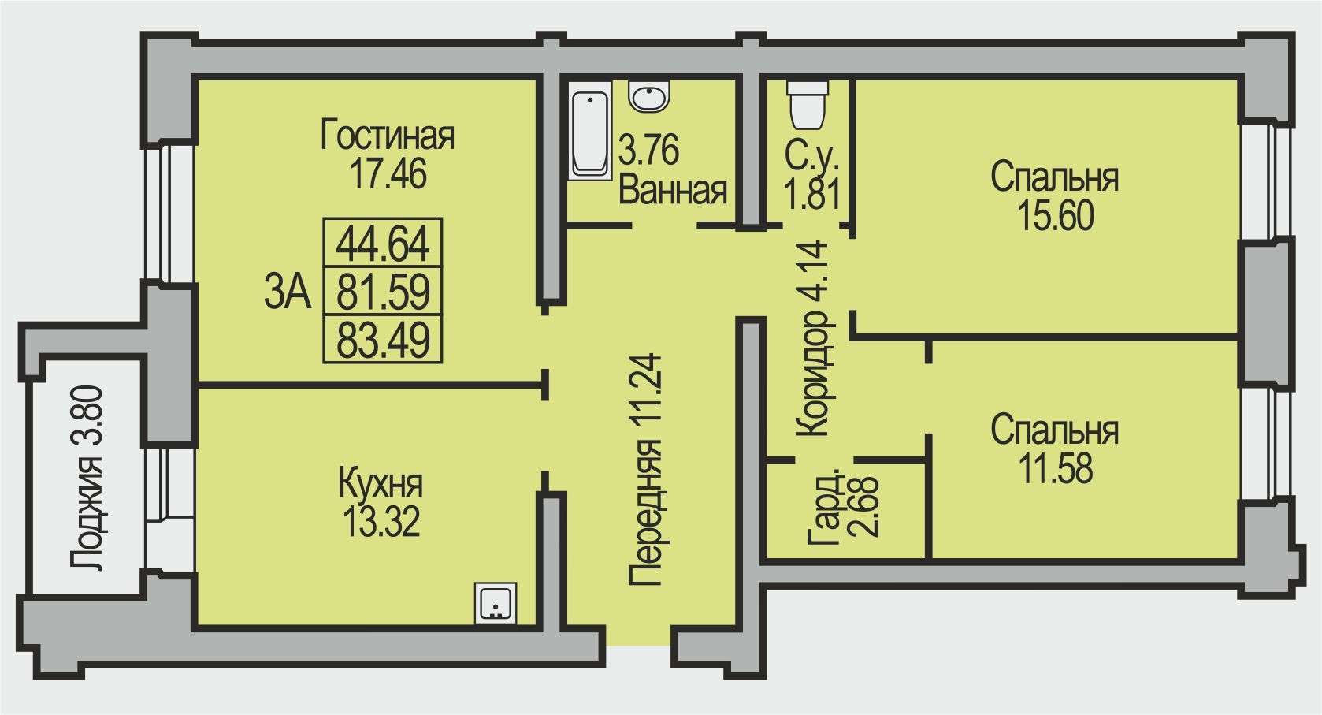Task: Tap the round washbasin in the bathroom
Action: point(650,97)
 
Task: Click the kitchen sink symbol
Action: point(496,604)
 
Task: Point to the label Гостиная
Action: point(388,136)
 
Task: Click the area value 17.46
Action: point(388,173)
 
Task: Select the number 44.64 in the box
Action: point(383,244)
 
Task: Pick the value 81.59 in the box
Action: point(383,292)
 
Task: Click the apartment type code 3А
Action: point(288,293)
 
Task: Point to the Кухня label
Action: point(381,483)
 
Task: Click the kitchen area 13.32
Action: point(381,521)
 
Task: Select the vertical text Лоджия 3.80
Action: point(87,478)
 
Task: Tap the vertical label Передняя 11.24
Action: point(646,470)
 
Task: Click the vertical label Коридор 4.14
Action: point(813,339)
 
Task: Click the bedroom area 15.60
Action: point(1055,215)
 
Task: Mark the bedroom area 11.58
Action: point(1055,468)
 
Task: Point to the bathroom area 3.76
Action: point(648,150)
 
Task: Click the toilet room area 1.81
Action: point(811,194)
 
